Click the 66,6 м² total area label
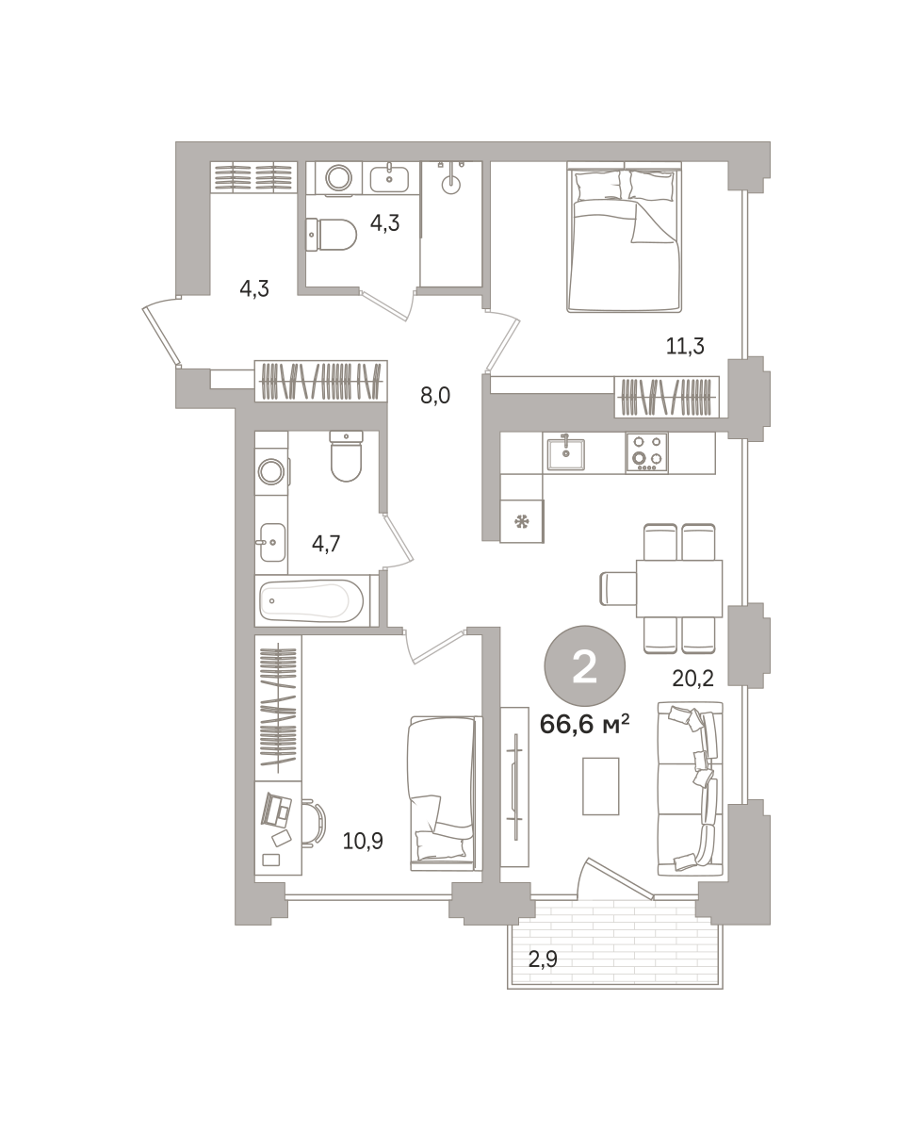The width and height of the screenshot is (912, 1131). (x=584, y=726)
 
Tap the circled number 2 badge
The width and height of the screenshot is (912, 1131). (x=585, y=666)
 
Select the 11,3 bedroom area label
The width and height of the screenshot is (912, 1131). (x=685, y=346)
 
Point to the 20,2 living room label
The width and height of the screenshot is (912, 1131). (x=692, y=679)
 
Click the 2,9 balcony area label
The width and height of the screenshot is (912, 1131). (x=543, y=959)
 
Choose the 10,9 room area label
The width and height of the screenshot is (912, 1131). (x=363, y=841)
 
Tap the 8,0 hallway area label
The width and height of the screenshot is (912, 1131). (x=435, y=395)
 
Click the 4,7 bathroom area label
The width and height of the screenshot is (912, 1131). (x=326, y=543)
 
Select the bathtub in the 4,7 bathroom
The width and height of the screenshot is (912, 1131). (x=313, y=600)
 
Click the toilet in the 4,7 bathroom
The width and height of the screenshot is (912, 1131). (x=346, y=456)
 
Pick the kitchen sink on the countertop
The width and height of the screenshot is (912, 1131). (x=565, y=453)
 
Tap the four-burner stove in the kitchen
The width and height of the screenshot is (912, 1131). (x=646, y=452)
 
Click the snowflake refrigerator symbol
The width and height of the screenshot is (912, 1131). (x=521, y=522)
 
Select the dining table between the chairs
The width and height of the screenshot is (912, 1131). (x=678, y=588)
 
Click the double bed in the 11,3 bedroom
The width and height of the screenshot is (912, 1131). (x=624, y=237)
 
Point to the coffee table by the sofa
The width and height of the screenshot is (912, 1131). (x=600, y=786)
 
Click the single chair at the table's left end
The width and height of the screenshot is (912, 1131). (x=618, y=588)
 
